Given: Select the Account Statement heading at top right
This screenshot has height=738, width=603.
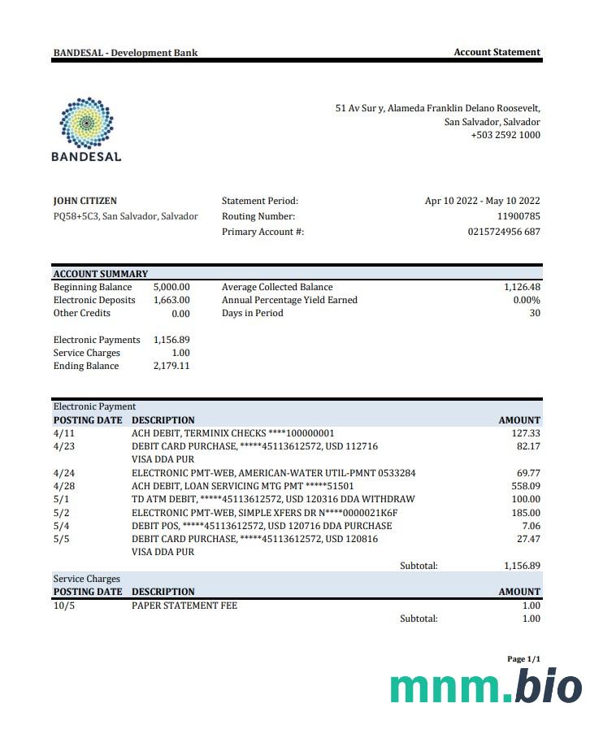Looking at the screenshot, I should tap(497, 52).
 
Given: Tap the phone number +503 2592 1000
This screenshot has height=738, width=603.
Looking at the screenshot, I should tap(505, 135).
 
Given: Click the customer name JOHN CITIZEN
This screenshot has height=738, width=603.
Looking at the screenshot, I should tap(85, 201).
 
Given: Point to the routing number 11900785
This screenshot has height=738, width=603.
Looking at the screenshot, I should tap(518, 216).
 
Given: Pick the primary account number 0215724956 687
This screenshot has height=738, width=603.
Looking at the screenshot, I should tap(504, 232).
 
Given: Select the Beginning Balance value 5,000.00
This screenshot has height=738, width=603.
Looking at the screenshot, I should tap(171, 287).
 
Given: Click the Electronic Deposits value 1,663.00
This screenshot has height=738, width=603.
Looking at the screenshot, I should tap(171, 300).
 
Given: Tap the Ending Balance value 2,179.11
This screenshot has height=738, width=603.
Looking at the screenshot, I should tap(171, 366).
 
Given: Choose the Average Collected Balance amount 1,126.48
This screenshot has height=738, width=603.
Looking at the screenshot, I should tap(522, 287).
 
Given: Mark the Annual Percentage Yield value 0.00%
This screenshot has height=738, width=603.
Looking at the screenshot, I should tap(527, 300).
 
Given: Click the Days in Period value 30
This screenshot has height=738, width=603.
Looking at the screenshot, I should tap(534, 313).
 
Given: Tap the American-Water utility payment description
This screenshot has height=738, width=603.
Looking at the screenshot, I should tap(273, 472).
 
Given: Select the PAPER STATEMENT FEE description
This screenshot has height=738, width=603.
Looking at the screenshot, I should tap(184, 606).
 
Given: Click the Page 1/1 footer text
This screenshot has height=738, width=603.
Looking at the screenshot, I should tap(523, 659).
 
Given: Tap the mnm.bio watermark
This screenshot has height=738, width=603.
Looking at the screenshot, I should tap(486, 688).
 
